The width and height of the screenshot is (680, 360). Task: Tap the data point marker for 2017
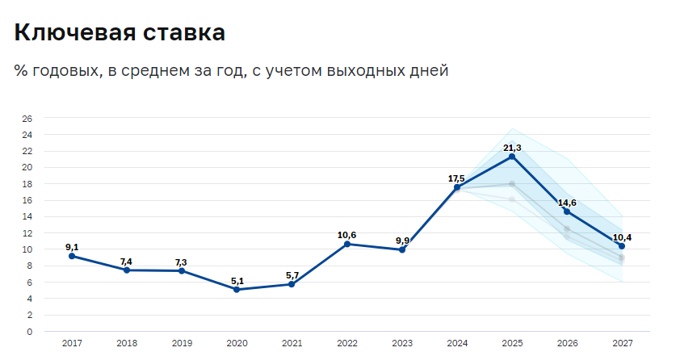coord(72,256)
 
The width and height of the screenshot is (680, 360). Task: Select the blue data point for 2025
coord(512,156)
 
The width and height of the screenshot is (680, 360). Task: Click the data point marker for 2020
coord(237,289)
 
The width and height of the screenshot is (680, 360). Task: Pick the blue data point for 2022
coord(347,244)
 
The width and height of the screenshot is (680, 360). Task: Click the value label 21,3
coord(512,147)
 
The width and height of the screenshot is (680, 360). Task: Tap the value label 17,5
coord(456,178)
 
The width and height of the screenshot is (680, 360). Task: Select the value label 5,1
coord(237,280)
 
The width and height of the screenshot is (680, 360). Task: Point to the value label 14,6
coord(567,202)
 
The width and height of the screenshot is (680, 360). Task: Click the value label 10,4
coord(622,237)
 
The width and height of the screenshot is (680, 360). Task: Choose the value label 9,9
coord(401,241)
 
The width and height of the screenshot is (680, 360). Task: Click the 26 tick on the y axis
coord(27,119)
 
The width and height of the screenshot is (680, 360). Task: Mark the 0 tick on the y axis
coord(30,332)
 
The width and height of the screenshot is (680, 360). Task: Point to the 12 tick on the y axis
coord(27,233)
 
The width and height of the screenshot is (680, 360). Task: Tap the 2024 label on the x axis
coord(457,343)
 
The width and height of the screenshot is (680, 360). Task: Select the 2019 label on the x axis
coord(182,343)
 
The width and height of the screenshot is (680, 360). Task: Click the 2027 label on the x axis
coord(622,343)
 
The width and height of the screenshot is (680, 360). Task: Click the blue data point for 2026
coord(567,211)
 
